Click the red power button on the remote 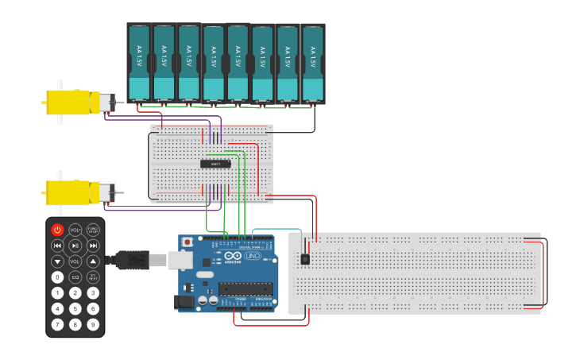tap(57, 230)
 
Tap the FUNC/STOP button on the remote tap(93, 230)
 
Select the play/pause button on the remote tap(75, 246)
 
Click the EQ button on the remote tap(75, 277)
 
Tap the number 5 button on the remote tap(75, 308)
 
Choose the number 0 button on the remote tap(57, 277)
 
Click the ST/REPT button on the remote tap(93, 277)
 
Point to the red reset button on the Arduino tap(187, 241)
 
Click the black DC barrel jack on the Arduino tap(185, 302)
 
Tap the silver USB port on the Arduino tap(180, 259)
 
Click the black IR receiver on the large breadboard tap(305, 259)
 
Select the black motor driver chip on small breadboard tap(215, 164)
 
